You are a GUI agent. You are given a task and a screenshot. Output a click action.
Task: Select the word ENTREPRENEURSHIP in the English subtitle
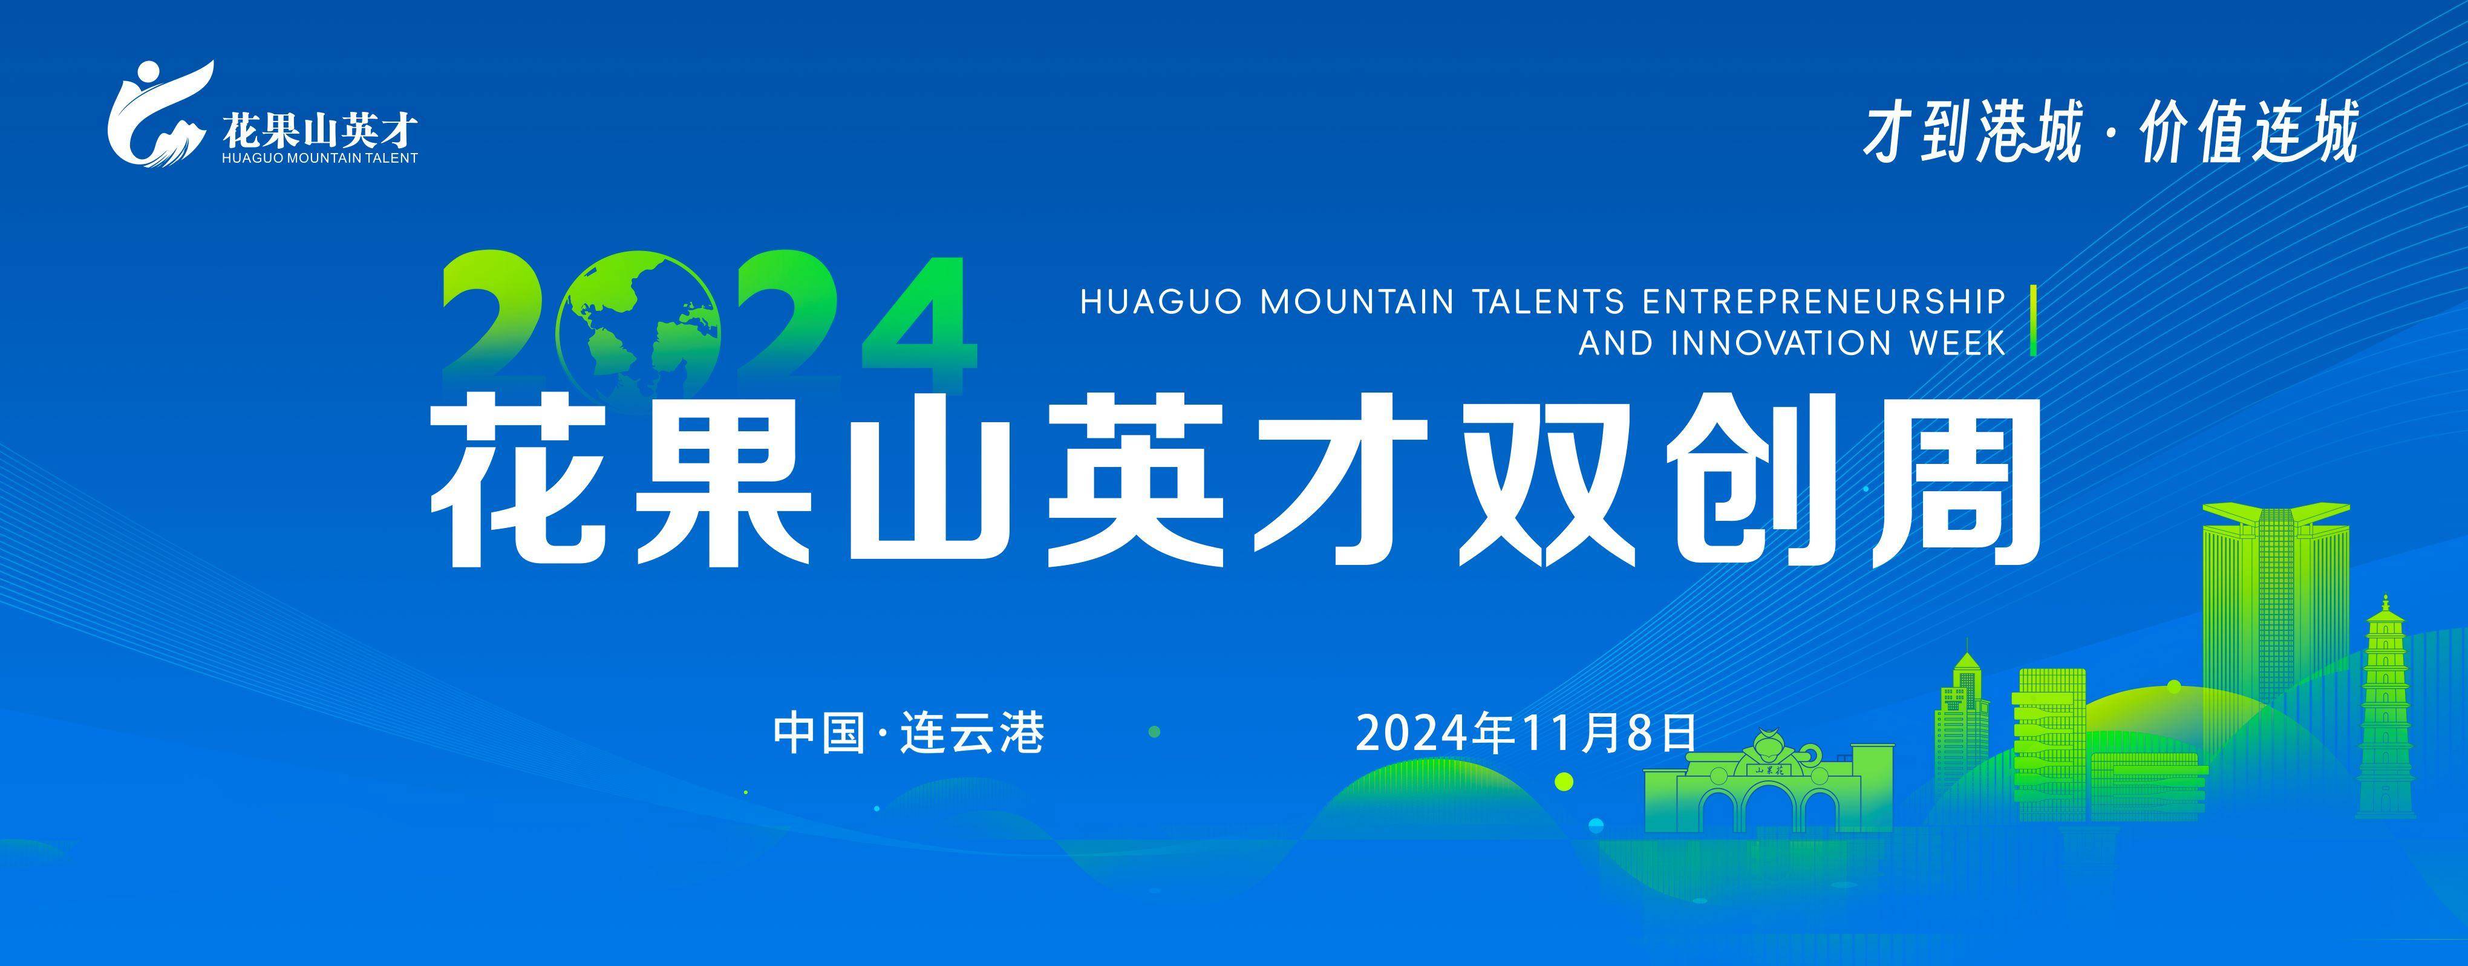[x=1824, y=302]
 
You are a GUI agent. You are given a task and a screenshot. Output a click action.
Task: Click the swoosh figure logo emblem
[x=159, y=114]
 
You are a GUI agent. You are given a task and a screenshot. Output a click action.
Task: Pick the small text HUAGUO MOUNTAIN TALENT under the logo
[x=319, y=158]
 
